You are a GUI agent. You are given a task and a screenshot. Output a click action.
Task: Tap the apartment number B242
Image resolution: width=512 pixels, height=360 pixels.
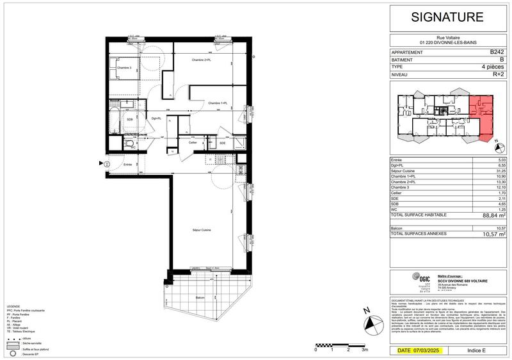497,51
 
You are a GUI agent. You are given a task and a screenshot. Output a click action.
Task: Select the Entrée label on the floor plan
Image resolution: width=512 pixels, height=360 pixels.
129,165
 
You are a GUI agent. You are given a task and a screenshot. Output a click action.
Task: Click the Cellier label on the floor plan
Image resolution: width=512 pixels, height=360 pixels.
192,142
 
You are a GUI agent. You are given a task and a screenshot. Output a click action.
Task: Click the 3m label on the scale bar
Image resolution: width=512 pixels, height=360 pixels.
365,350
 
